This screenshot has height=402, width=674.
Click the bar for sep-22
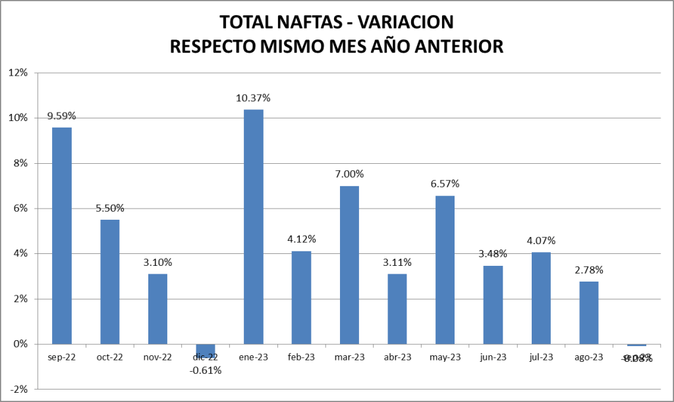pyautogui.click(x=62, y=236)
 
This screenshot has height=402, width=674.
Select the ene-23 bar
pyautogui.click(x=254, y=226)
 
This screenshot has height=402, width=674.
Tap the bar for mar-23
pyautogui.click(x=349, y=264)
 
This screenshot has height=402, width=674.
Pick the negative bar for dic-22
pyautogui.click(x=206, y=351)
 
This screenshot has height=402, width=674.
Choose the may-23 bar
pyautogui.click(x=445, y=270)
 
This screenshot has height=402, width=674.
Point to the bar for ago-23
pyautogui.click(x=589, y=313)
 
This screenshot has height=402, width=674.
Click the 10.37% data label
pyautogui.click(x=254, y=98)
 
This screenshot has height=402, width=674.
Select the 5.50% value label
pyautogui.click(x=110, y=208)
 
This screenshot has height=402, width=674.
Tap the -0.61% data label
pyautogui.click(x=206, y=370)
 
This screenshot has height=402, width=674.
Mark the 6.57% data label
pyautogui.click(x=445, y=184)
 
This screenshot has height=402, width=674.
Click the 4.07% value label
pyautogui.click(x=541, y=241)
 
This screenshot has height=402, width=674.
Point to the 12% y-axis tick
pyautogui.click(x=18, y=72)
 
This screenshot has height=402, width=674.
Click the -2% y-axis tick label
pyautogui.click(x=18, y=389)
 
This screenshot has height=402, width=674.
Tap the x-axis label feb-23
pyautogui.click(x=301, y=357)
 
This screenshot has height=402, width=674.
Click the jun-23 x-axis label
pyautogui.click(x=493, y=357)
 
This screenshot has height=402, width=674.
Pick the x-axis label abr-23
pyautogui.click(x=397, y=357)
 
